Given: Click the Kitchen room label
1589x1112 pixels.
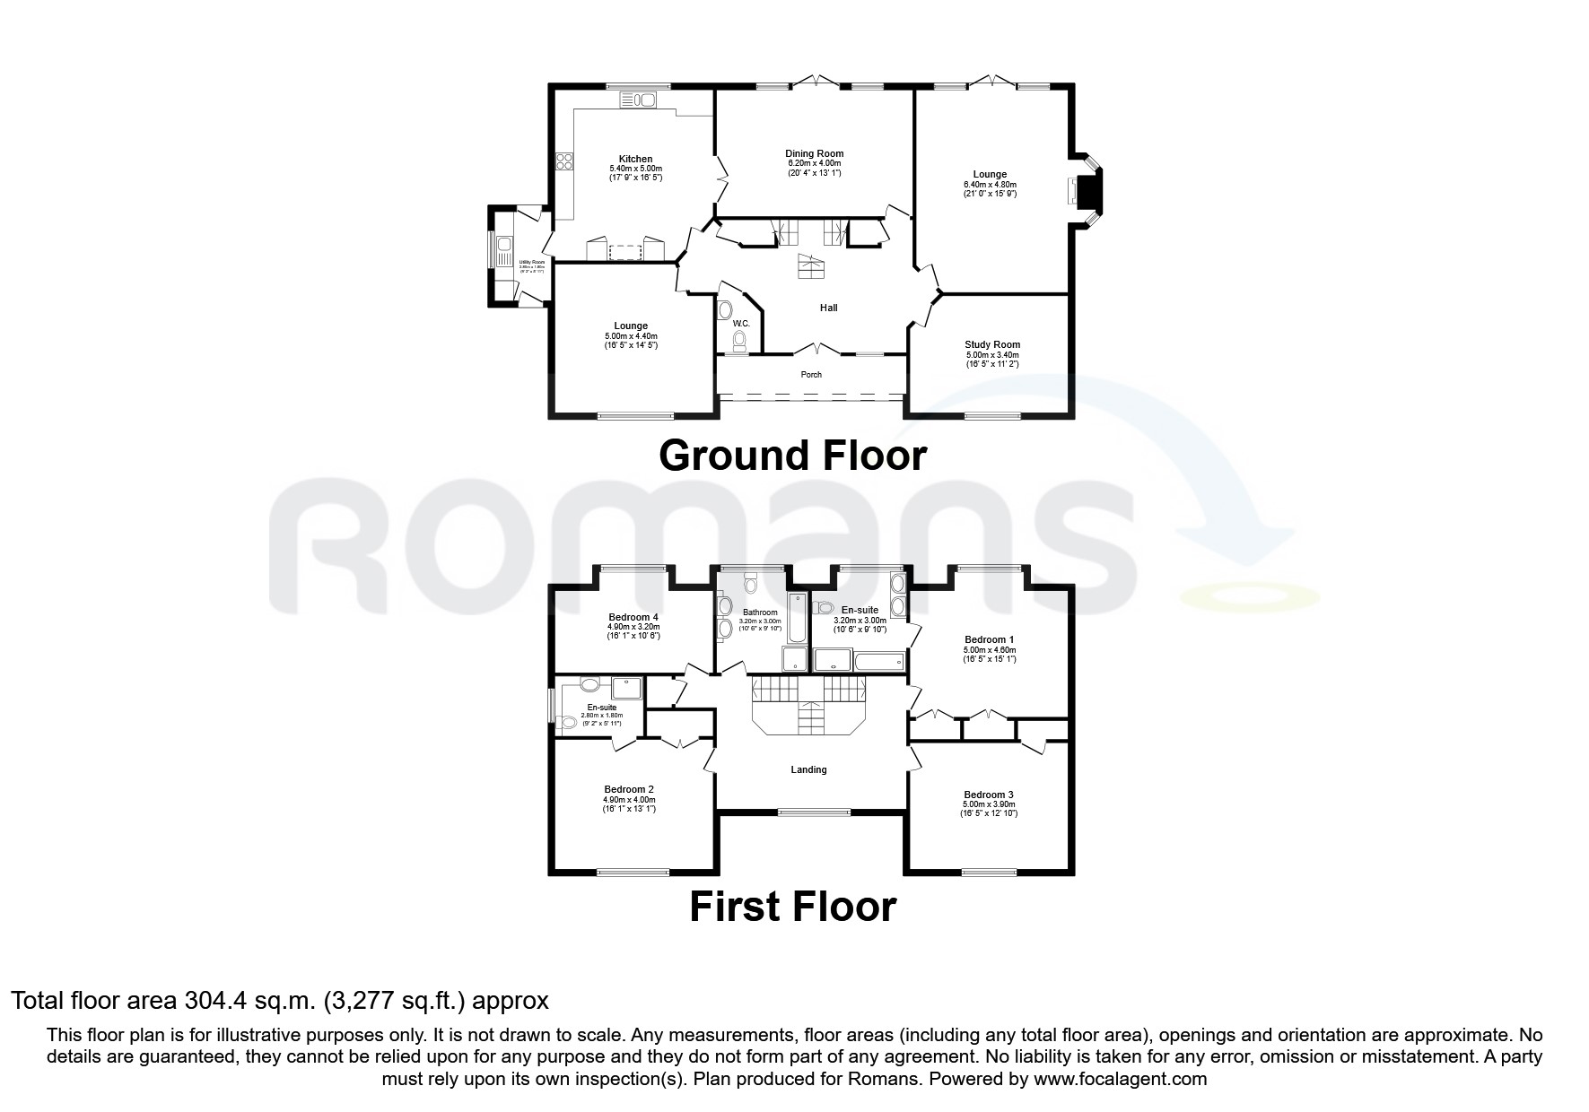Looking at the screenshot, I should (635, 159).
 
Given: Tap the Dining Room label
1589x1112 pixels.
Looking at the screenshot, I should (814, 153).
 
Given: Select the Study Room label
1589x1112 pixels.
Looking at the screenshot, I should (991, 344).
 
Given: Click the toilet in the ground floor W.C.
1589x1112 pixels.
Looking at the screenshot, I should (739, 340).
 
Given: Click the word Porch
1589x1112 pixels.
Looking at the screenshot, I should (810, 375).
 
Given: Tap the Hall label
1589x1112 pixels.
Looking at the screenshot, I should (828, 308).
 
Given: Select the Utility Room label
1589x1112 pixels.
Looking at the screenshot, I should (532, 262).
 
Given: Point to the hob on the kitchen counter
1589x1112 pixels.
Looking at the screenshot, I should (565, 161).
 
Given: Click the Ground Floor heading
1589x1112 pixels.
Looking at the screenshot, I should (792, 456).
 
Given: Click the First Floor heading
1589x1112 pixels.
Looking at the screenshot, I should (792, 907).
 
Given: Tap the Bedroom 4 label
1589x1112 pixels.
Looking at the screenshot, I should (633, 617).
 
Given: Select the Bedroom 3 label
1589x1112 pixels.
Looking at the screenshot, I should (989, 795).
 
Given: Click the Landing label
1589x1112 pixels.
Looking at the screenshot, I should (808, 769).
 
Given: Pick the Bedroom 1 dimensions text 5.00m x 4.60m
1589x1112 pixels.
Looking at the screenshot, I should (990, 649).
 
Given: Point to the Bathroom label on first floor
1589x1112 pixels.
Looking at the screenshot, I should (760, 612).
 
